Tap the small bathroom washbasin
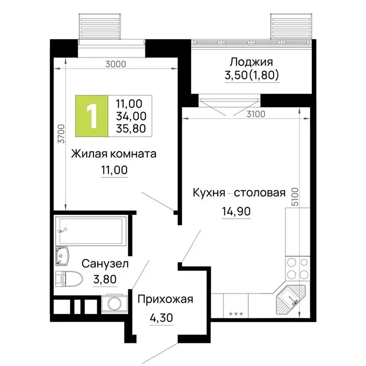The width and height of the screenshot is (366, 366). click(x=62, y=256)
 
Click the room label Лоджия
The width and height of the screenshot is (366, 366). click(x=251, y=62)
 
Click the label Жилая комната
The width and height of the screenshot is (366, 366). click(x=114, y=154)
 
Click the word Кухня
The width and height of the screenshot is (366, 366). click(x=208, y=193)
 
